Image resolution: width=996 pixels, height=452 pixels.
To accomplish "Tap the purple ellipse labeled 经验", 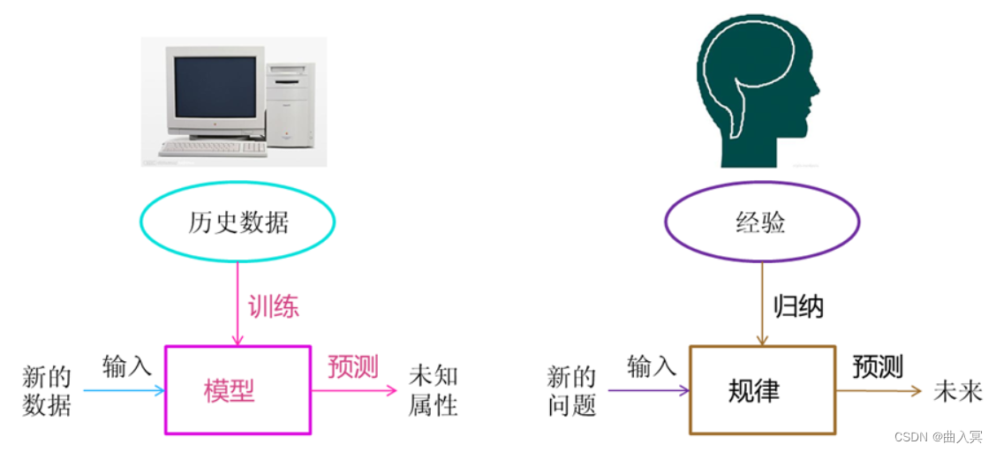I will tap(760, 222).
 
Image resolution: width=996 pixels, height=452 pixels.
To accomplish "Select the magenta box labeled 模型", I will tap(238, 390).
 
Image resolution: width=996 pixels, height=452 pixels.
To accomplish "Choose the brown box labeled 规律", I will tap(761, 390).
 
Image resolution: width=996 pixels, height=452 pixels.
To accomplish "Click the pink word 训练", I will tap(273, 306).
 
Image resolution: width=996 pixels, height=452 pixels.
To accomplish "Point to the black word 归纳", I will tap(798, 306).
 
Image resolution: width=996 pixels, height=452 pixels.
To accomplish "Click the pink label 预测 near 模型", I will tap(353, 366).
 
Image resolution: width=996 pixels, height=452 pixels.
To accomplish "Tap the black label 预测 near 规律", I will tap(878, 366).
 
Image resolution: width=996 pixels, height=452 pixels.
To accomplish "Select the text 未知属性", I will tap(433, 390).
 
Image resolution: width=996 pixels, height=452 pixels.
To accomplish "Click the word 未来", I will tap(958, 391).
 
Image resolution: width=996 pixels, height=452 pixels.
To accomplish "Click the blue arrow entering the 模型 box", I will tap(124, 390).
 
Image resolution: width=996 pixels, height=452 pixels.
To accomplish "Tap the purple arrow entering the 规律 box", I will tap(649, 390).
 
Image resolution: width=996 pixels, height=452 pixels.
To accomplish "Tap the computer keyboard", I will tap(213, 147).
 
